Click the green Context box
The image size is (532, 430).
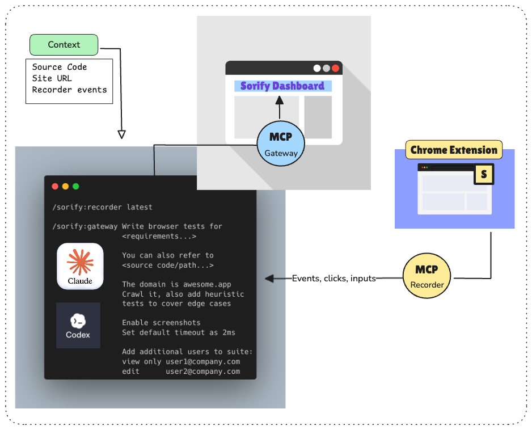64,45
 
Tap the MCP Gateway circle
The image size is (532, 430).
281,144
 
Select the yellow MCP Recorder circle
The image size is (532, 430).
427,276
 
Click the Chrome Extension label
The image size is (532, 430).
454,150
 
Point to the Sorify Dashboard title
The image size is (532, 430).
282,86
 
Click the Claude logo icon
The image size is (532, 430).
80,266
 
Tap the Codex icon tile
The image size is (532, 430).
78,325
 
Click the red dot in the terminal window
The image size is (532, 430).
55,186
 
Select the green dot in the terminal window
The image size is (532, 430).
75,186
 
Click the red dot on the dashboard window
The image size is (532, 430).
335,68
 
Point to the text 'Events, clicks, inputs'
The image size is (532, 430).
334,279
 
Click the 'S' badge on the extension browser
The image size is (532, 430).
483,174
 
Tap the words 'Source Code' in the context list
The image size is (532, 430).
60,67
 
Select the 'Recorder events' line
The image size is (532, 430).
69,90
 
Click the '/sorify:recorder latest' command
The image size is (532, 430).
102,207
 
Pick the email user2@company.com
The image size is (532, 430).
203,372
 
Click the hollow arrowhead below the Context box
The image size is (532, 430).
121,134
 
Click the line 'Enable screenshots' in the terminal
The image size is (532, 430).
161,322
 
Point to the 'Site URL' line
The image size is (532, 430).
52,78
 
